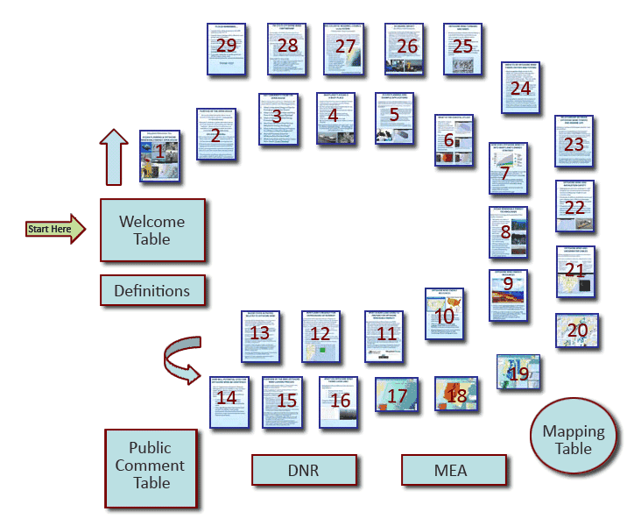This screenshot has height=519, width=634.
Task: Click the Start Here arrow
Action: point(55,229)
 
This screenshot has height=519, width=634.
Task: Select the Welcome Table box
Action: point(152,230)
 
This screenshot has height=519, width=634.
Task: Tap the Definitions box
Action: point(152,290)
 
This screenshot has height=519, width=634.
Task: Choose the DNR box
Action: point(303,470)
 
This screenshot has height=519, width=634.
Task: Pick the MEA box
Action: point(450,470)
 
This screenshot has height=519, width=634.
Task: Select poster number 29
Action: point(227,49)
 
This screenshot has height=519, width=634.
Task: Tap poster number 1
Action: point(160,157)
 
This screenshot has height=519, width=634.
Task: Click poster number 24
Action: point(521,88)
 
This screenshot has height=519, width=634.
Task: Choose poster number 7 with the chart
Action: point(507,169)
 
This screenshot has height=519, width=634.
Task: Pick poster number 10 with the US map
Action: point(445,314)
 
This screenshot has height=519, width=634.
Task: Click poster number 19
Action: point(518,373)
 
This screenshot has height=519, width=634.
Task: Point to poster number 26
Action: point(404,49)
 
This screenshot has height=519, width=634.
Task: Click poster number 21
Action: point(575,271)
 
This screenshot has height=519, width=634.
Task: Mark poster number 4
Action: point(333,118)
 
